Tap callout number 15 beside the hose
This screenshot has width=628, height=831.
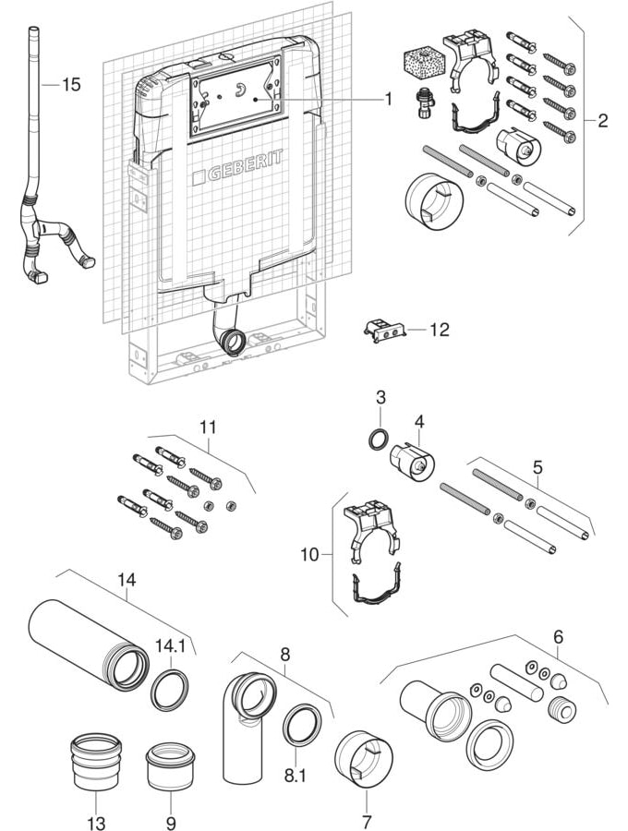point(71,85)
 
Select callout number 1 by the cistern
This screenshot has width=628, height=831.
point(389,99)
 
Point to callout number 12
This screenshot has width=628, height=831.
point(439,329)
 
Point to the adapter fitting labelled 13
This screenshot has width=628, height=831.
point(98,763)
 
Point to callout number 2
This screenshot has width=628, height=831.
point(602,120)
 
